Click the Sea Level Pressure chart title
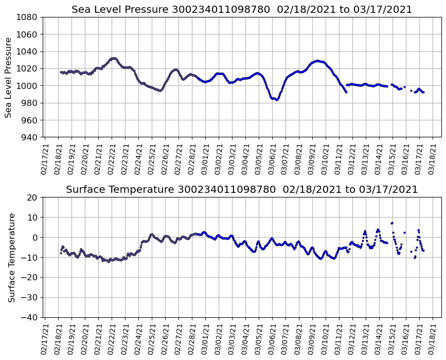click(242, 10)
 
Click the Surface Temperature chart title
click(242, 190)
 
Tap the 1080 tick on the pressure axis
click(29, 17)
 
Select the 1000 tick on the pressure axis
click(29, 86)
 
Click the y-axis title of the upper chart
click(9, 77)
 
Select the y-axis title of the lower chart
click(11, 257)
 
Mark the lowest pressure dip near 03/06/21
click(277, 100)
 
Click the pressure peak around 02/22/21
click(114, 58)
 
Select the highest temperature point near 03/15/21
click(392, 223)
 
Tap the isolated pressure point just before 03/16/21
click(404, 87)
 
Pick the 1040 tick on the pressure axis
click(29, 51)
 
